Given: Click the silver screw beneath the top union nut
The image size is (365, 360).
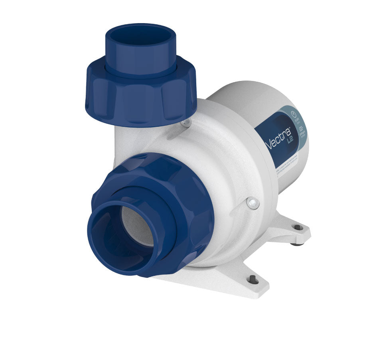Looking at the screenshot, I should (x=185, y=123).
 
